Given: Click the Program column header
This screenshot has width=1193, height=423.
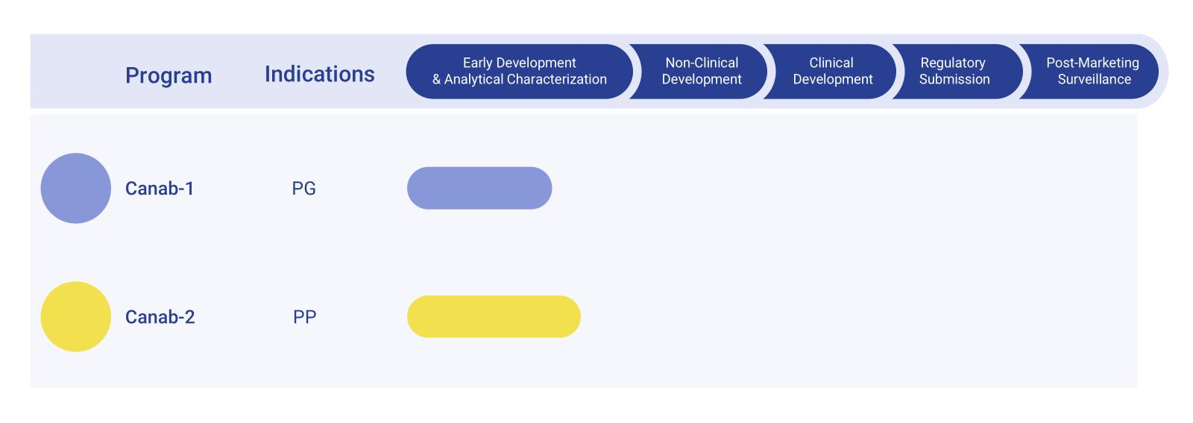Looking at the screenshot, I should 169,75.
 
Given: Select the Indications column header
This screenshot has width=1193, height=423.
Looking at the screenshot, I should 319,74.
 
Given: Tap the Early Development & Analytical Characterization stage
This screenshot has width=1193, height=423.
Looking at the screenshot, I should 519,71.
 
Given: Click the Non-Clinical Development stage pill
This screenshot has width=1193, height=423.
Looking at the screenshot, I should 701,71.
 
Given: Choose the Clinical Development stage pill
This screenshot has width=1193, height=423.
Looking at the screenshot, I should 831,71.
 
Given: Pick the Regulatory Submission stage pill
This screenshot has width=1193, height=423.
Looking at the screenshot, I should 954,71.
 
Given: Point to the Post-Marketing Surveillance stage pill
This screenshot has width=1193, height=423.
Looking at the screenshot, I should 1093,71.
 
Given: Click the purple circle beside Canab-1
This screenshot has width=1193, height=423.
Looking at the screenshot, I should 75,188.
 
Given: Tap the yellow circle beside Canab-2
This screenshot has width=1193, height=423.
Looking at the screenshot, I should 75,316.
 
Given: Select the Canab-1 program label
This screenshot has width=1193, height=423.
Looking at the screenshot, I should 160,189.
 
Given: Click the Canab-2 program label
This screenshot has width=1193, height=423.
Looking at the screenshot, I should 160,317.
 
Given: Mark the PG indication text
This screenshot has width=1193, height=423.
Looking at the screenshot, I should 303,189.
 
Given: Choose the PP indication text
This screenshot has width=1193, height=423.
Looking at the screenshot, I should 304,317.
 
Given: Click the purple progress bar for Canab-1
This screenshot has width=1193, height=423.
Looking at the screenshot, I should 479,188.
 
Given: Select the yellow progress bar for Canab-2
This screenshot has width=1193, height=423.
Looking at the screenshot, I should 493,316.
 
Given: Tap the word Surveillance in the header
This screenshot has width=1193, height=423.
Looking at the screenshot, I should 1094,79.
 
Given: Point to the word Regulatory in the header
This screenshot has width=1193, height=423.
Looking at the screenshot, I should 952,63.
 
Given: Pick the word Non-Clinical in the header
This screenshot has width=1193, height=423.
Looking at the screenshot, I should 702,63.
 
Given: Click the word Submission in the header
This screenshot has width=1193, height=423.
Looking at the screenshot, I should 954,79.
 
